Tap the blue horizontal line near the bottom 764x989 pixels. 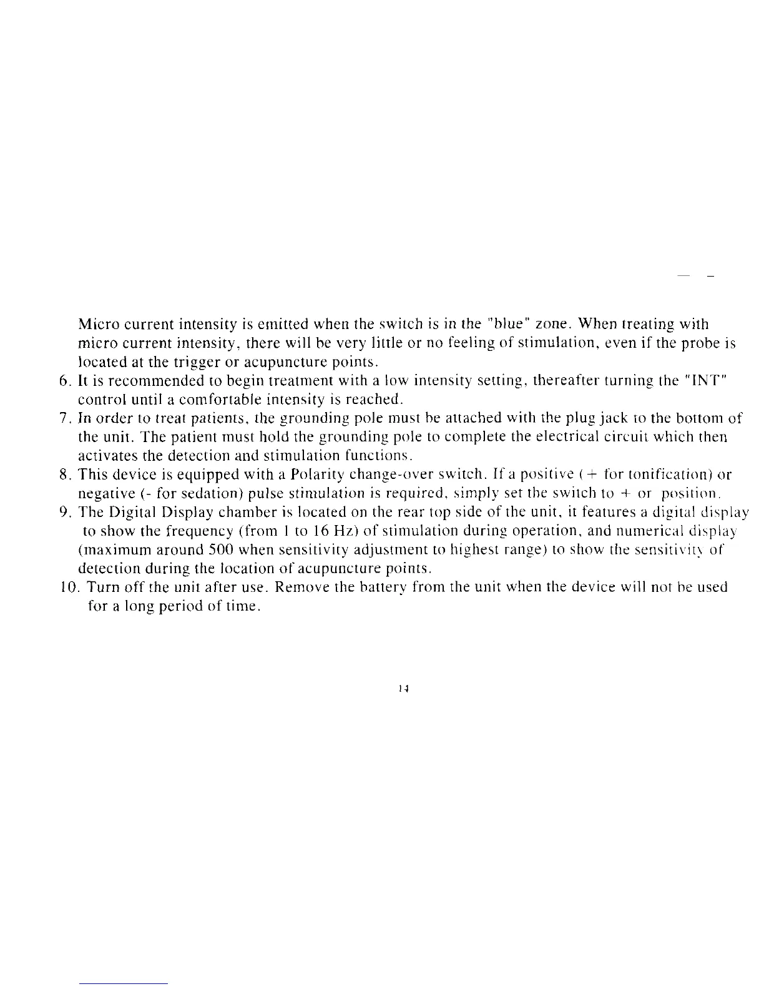[x=124, y=983]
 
